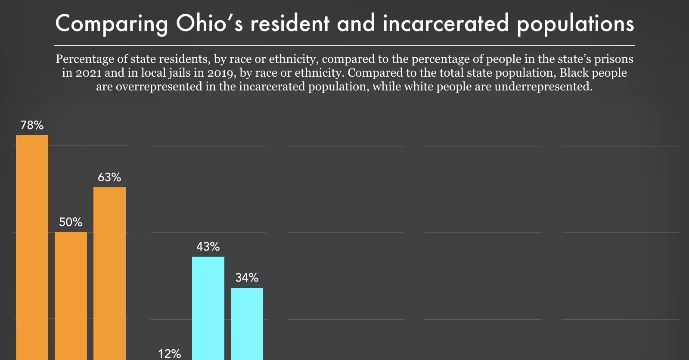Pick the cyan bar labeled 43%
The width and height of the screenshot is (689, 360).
click(208, 308)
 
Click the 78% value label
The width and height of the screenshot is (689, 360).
click(32, 125)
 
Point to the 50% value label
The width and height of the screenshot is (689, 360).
click(71, 222)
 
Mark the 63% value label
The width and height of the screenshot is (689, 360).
click(109, 177)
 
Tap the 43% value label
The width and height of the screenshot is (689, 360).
click(208, 247)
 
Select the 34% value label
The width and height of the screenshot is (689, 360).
click(247, 278)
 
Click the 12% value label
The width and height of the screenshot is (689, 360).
click(169, 354)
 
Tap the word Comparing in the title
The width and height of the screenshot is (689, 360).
click(112, 24)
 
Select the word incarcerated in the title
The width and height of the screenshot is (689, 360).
click(446, 23)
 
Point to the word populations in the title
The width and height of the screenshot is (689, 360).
click(575, 24)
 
